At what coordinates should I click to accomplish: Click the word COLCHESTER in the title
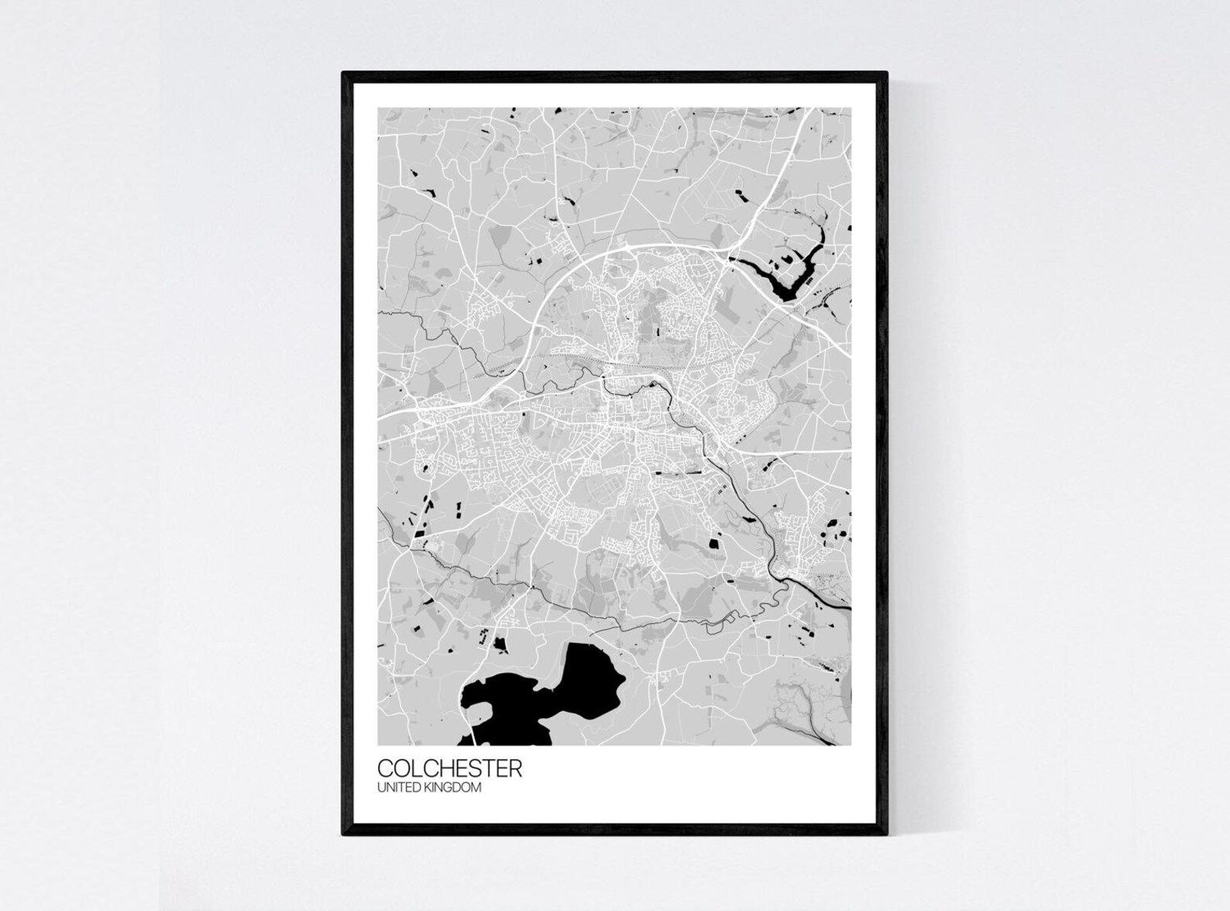[449, 768]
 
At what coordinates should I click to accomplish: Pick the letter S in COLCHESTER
[476, 768]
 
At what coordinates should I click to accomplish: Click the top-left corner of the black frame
[343, 73]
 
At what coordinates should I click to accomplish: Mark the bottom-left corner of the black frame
[343, 834]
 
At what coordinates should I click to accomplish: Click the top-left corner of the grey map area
[379, 108]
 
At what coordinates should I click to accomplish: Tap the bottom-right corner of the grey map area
[850, 744]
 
